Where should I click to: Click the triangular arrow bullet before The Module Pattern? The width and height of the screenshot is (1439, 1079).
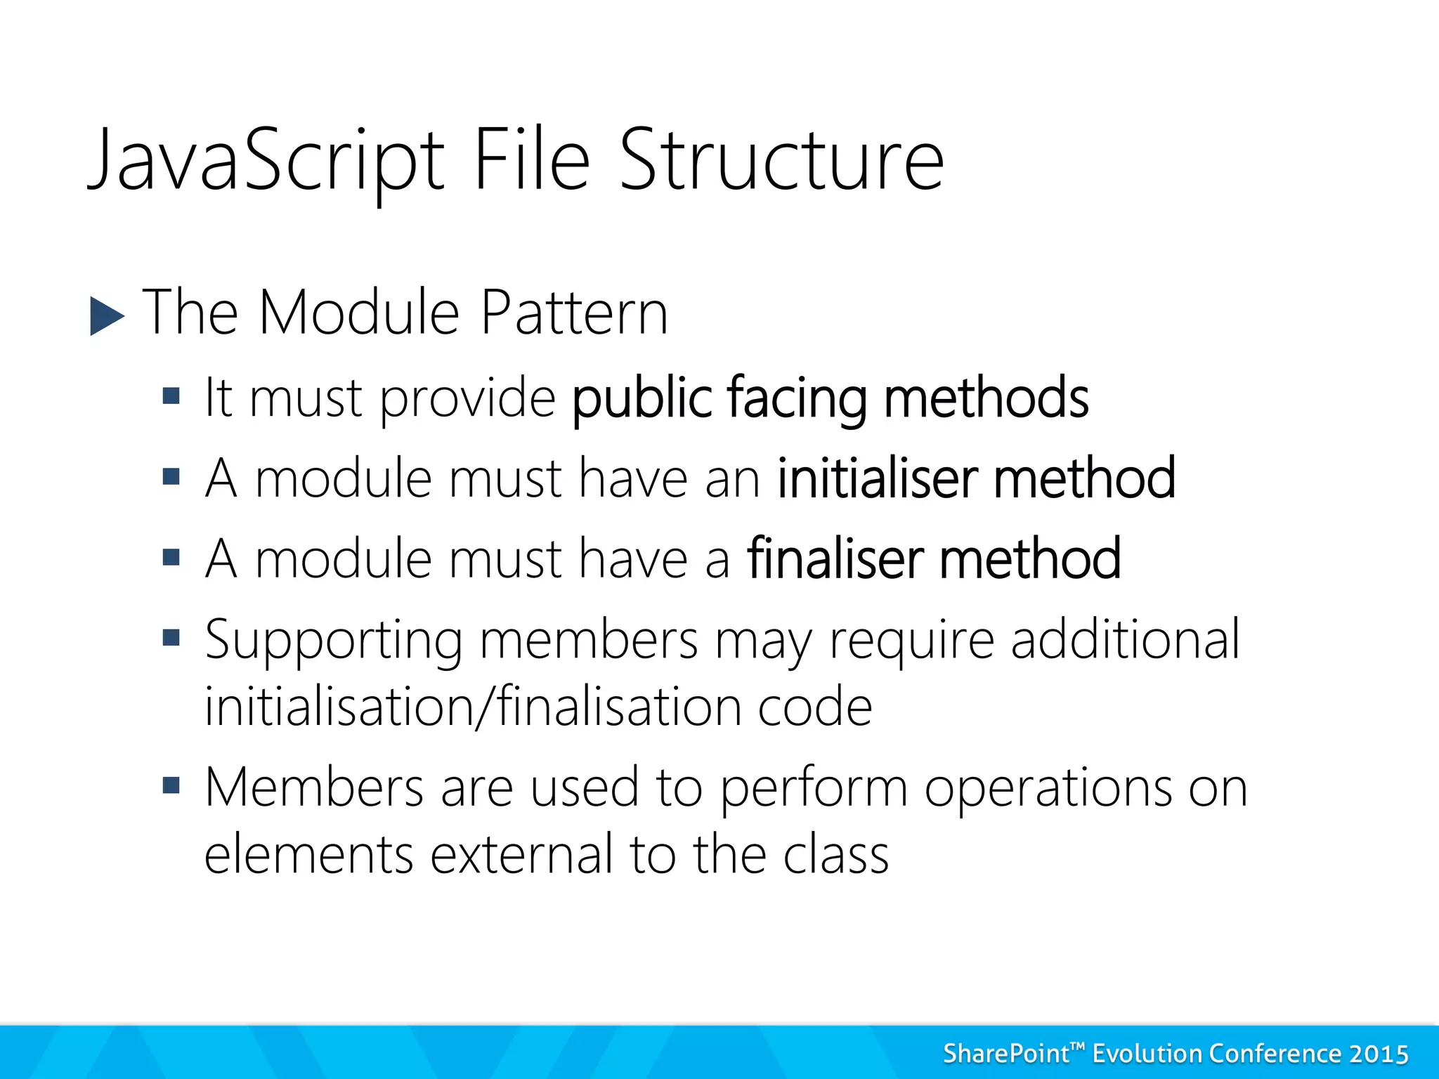click(x=106, y=316)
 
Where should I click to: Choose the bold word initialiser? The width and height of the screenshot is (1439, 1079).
click(x=878, y=478)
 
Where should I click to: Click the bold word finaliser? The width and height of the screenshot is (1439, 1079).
click(x=835, y=559)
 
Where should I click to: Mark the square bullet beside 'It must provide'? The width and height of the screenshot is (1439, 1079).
click(x=171, y=397)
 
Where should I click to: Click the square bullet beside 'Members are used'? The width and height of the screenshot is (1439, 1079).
click(x=171, y=784)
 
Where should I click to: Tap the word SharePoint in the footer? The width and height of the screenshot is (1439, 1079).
click(x=1006, y=1054)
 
